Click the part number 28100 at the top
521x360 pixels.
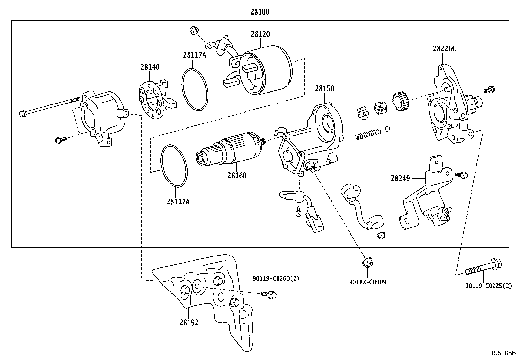(260, 12)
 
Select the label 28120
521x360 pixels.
(260, 34)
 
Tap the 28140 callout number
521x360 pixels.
(150, 67)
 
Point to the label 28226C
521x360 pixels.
(444, 49)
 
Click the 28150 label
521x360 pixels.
(325, 89)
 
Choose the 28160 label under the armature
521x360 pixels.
(237, 175)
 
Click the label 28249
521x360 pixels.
(400, 178)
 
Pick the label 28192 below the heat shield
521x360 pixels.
(189, 322)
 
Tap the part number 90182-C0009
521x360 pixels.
(368, 282)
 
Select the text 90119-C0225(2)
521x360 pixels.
(488, 286)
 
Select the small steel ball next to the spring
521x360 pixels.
(387, 129)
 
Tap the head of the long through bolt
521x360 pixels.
(23, 114)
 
